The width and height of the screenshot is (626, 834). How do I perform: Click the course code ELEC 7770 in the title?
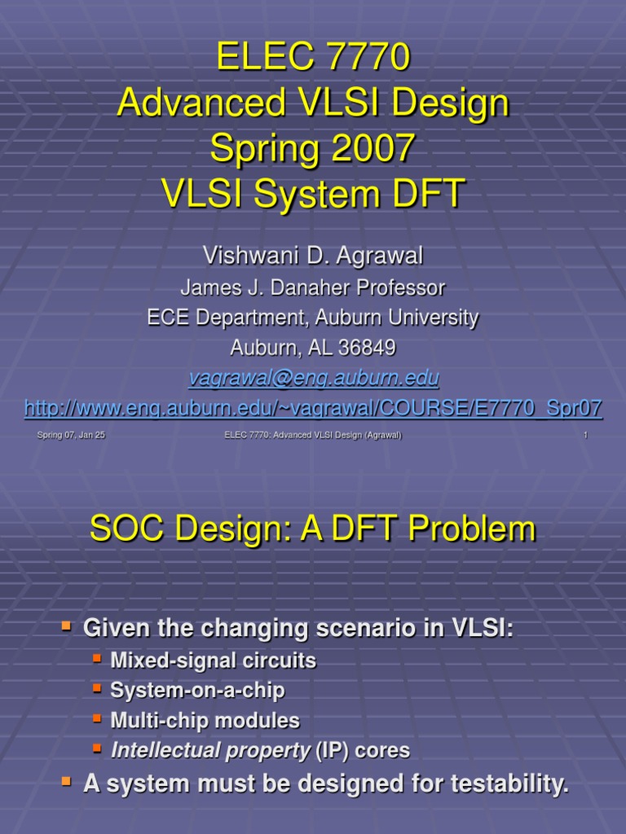[313, 58]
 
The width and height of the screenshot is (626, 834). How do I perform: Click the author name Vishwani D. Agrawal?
[313, 256]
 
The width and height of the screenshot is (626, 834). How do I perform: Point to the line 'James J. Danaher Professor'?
[313, 288]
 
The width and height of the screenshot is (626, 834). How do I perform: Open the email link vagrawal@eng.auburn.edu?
[313, 378]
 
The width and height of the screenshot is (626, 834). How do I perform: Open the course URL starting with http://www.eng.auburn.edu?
[313, 408]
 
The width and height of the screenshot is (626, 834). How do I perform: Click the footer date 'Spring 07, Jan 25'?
[71, 436]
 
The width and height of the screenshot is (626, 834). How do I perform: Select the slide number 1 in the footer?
[585, 436]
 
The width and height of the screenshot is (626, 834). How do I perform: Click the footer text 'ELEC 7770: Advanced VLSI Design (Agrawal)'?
[313, 436]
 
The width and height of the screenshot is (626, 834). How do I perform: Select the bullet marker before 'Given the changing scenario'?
[68, 625]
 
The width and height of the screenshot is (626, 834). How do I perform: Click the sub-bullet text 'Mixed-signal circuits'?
[213, 661]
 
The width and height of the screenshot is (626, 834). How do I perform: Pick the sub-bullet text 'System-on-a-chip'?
[197, 691]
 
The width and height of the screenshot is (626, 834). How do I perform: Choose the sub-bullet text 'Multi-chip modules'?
[205, 721]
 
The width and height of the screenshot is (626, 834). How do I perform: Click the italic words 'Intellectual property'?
[209, 750]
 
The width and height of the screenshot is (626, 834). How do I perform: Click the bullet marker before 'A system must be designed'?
[68, 783]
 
